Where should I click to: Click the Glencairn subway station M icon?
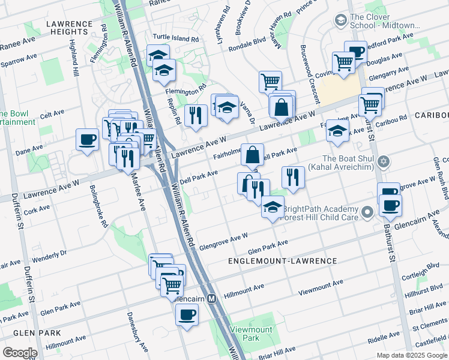(211, 298)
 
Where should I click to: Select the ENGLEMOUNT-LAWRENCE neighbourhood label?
(283, 261)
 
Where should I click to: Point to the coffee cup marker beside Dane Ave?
(88, 140)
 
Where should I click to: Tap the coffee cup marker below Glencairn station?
(187, 314)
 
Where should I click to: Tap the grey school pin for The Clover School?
(341, 22)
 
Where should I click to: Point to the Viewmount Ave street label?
(321, 287)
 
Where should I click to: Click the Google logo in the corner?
(19, 353)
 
